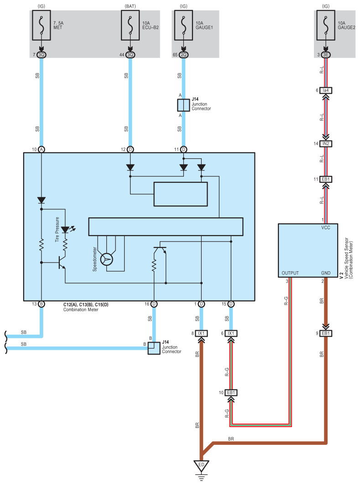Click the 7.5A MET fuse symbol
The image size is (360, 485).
point(42,26)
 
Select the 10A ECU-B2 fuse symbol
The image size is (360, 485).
point(130,26)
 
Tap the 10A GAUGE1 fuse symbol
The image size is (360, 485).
point(183,26)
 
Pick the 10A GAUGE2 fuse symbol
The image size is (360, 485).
point(326,26)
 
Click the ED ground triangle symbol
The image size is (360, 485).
point(202,466)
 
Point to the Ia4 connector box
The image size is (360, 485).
point(326,90)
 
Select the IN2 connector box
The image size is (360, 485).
point(326,143)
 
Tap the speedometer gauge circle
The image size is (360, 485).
point(107,259)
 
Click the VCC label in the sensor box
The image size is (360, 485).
point(326,227)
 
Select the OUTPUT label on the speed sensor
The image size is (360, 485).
point(290,273)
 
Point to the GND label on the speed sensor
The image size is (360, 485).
point(326,273)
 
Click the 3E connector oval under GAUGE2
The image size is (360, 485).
point(326,55)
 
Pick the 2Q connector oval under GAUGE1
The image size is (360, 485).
point(183,55)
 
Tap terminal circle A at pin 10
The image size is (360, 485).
point(42,149)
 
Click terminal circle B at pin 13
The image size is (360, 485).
point(42,304)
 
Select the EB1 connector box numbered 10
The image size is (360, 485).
point(231,392)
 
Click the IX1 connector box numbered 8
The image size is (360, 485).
point(201,333)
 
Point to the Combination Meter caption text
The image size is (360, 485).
point(81,310)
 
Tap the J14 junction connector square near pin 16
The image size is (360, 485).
point(154,348)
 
